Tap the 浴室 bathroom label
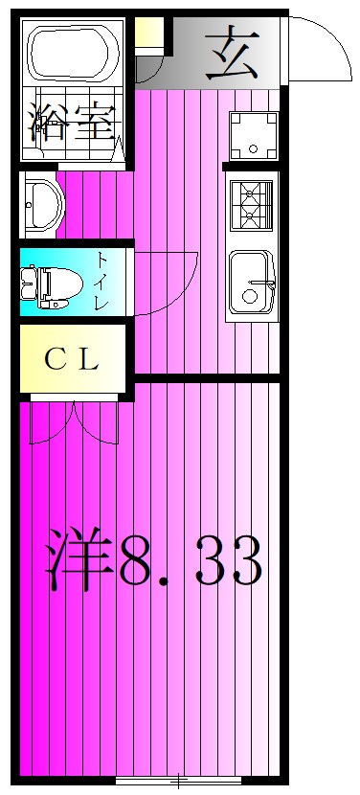tap(71, 124)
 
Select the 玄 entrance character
tap(233, 53)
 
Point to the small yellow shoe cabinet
tap(148, 32)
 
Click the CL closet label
tap(71, 360)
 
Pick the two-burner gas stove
tap(252, 205)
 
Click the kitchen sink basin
tap(252, 283)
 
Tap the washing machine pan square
tap(254, 136)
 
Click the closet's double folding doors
tap(74, 423)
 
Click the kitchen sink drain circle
tap(249, 296)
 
